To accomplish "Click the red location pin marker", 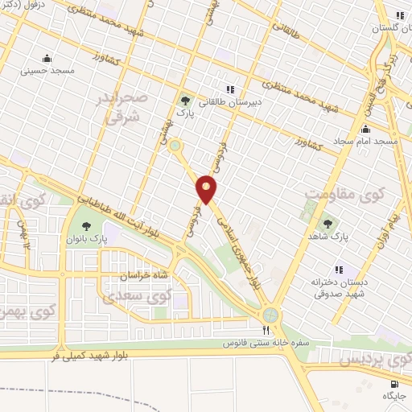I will (x=207, y=189).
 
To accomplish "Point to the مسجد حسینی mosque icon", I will (x=47, y=57).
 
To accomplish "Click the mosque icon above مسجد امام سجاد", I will (x=366, y=129).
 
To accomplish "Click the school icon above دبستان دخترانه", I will (x=339, y=270).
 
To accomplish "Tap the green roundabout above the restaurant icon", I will (x=270, y=313).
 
